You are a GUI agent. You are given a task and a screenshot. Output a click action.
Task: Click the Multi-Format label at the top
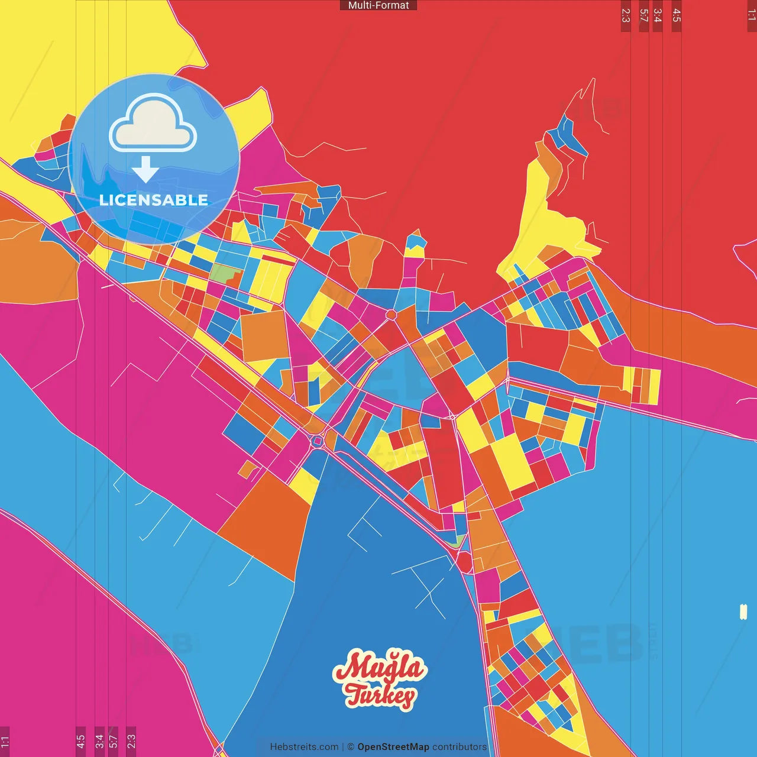[378, 5]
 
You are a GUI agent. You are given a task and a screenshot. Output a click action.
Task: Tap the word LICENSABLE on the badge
[154, 200]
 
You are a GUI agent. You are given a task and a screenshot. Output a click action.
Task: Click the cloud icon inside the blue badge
[153, 122]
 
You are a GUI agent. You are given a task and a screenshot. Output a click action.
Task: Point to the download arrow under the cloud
[145, 170]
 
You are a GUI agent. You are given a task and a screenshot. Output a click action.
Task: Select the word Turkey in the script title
[381, 695]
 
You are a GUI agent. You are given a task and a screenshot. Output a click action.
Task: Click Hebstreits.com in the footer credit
[304, 747]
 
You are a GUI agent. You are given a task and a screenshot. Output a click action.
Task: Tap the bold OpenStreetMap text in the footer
[393, 747]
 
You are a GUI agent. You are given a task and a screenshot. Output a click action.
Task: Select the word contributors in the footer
[460, 747]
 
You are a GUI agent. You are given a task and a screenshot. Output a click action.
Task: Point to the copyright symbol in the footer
[351, 747]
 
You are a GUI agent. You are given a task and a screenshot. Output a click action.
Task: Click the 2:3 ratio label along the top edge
[626, 15]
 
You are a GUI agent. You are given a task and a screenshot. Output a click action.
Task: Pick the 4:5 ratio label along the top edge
[677, 15]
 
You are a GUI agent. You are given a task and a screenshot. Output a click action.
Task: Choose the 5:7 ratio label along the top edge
[644, 15]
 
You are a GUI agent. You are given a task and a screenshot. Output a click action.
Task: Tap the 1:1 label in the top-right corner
[752, 15]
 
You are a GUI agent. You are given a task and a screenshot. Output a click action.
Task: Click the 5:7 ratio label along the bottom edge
[114, 740]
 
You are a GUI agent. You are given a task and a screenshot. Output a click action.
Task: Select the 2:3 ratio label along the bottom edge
[131, 740]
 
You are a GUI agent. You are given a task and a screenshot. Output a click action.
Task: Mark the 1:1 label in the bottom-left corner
[5, 740]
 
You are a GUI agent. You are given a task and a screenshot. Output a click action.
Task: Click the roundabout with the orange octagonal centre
[391, 315]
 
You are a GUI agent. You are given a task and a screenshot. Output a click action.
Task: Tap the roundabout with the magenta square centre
[318, 441]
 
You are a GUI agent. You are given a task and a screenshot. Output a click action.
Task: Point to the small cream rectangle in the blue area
[743, 612]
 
